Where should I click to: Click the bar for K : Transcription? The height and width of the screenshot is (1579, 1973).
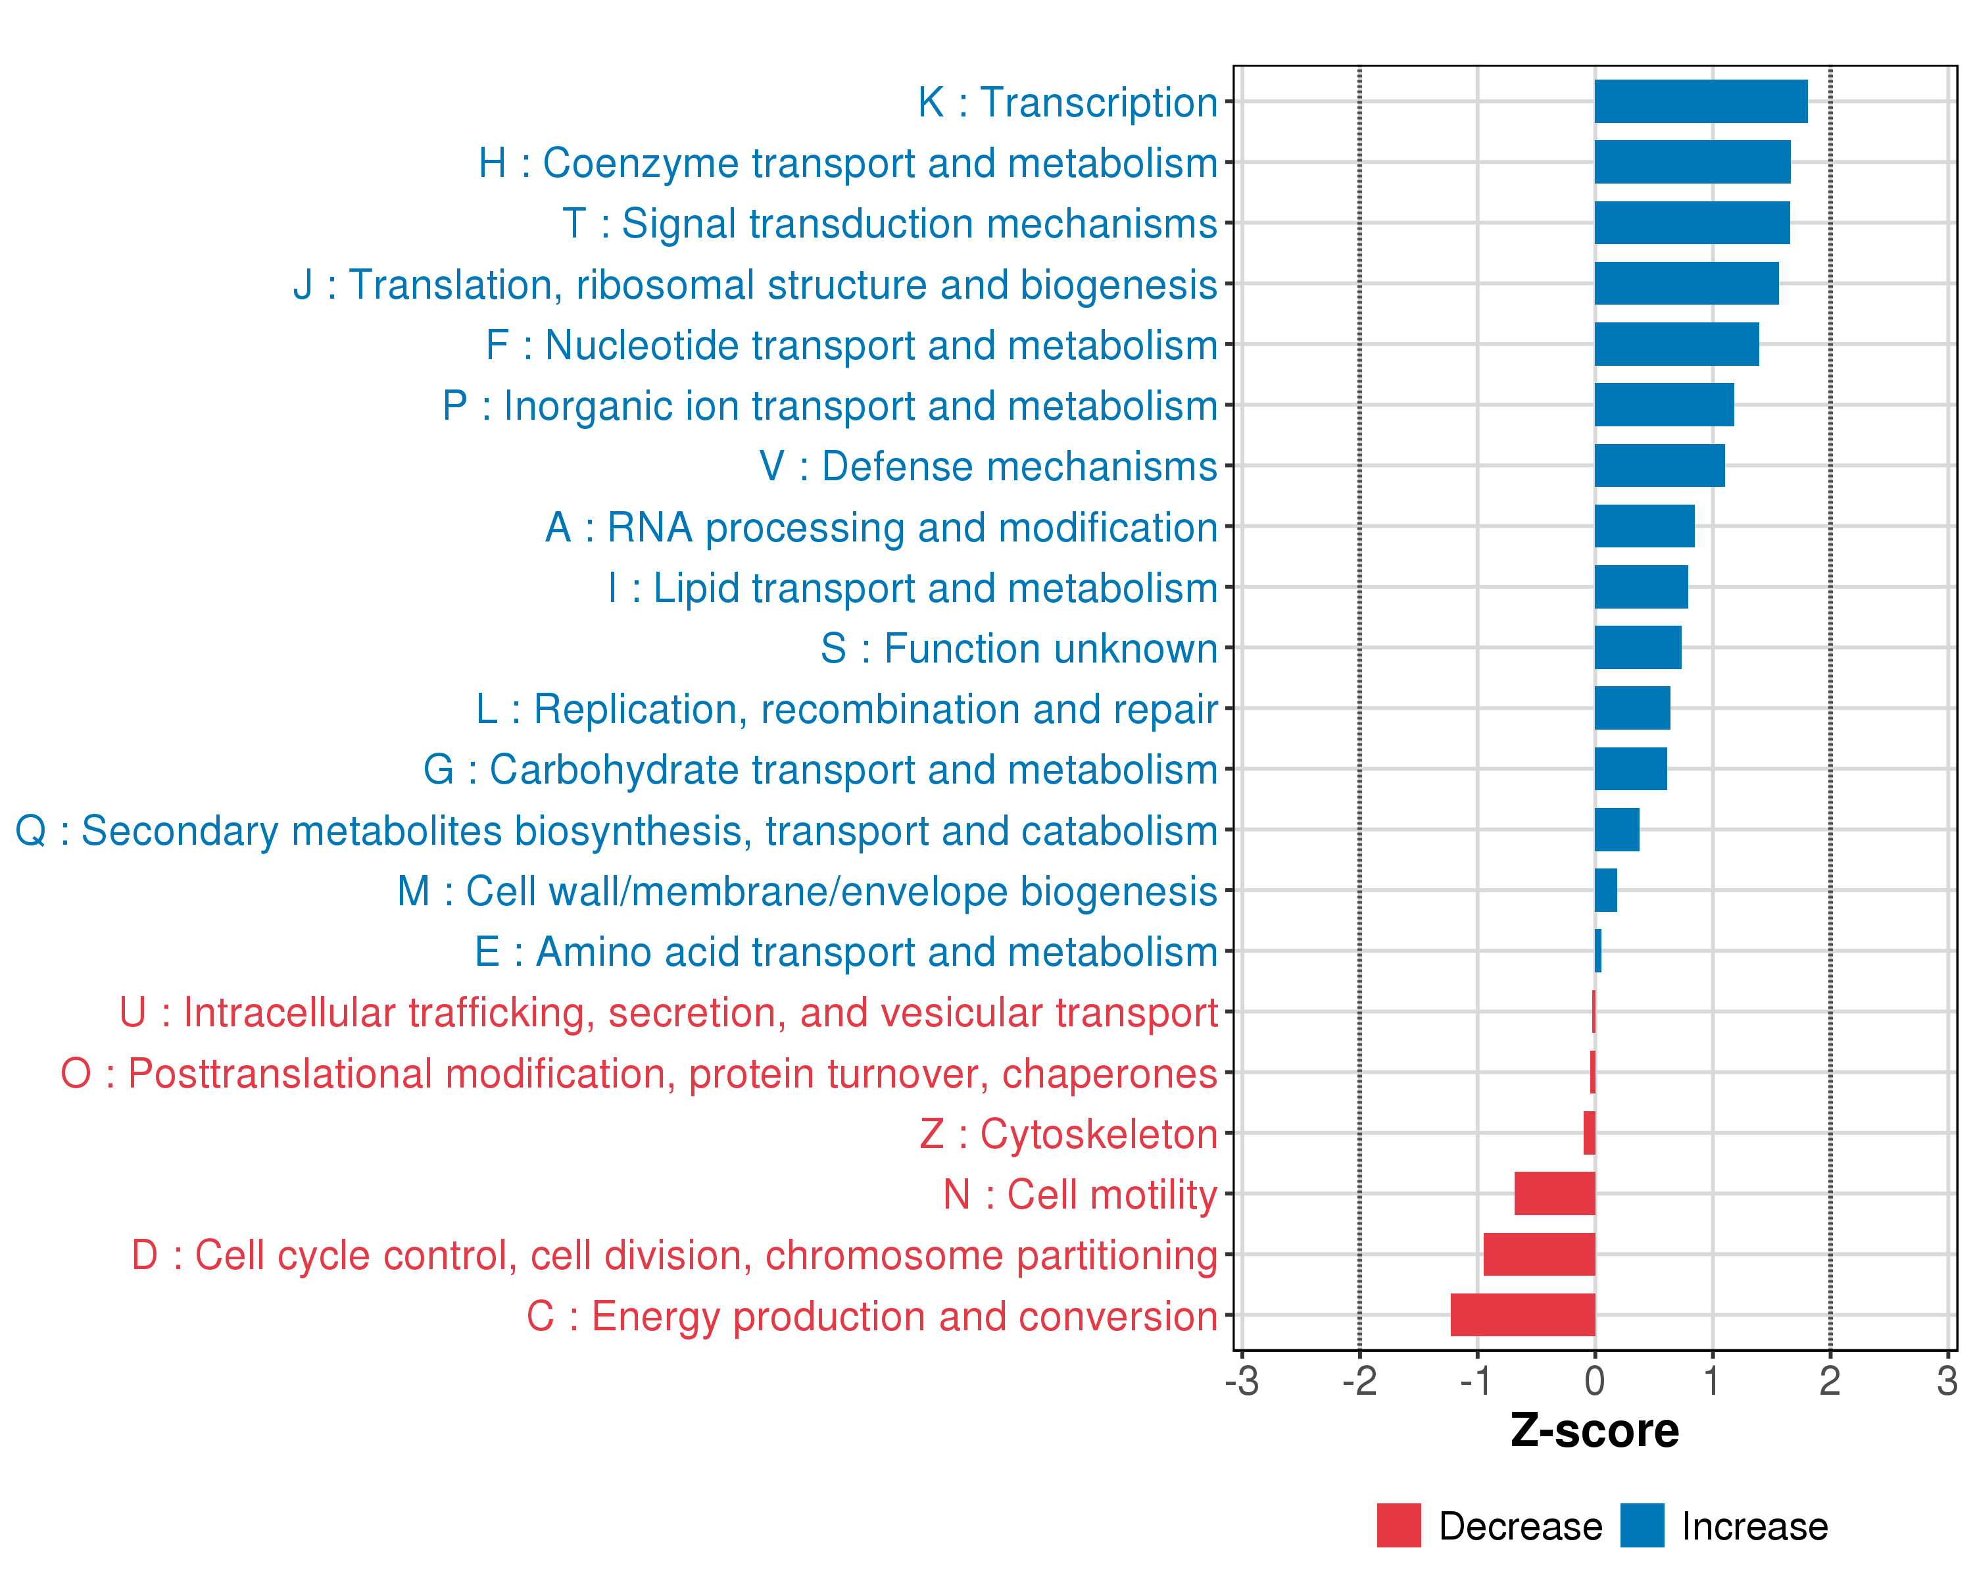pyautogui.click(x=1700, y=101)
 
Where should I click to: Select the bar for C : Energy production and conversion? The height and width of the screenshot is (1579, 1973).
pyautogui.click(x=1522, y=1315)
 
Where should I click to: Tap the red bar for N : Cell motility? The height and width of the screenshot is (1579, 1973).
pyautogui.click(x=1555, y=1193)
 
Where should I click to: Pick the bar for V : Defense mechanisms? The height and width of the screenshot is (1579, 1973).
pyautogui.click(x=1659, y=466)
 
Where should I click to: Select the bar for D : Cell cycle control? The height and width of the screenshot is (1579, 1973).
pyautogui.click(x=1539, y=1254)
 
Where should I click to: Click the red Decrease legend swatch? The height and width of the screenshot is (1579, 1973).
pyautogui.click(x=1398, y=1525)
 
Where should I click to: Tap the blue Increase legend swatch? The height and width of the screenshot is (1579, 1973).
pyautogui.click(x=1642, y=1525)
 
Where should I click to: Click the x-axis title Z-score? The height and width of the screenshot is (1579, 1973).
pyautogui.click(x=1594, y=1431)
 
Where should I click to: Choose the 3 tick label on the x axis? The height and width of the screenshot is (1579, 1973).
pyautogui.click(x=1947, y=1381)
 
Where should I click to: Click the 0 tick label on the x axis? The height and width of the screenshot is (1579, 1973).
pyautogui.click(x=1594, y=1381)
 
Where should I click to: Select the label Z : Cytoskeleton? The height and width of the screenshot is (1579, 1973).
pyautogui.click(x=1068, y=1134)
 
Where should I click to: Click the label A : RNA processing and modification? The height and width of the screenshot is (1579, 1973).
pyautogui.click(x=881, y=527)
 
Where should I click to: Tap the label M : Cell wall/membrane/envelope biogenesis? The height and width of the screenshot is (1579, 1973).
pyautogui.click(x=806, y=891)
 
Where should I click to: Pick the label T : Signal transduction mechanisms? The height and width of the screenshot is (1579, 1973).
pyautogui.click(x=890, y=223)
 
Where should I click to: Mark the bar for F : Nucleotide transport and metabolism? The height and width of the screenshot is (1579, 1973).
pyautogui.click(x=1676, y=344)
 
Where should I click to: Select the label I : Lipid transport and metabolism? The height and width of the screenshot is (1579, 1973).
pyautogui.click(x=912, y=588)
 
